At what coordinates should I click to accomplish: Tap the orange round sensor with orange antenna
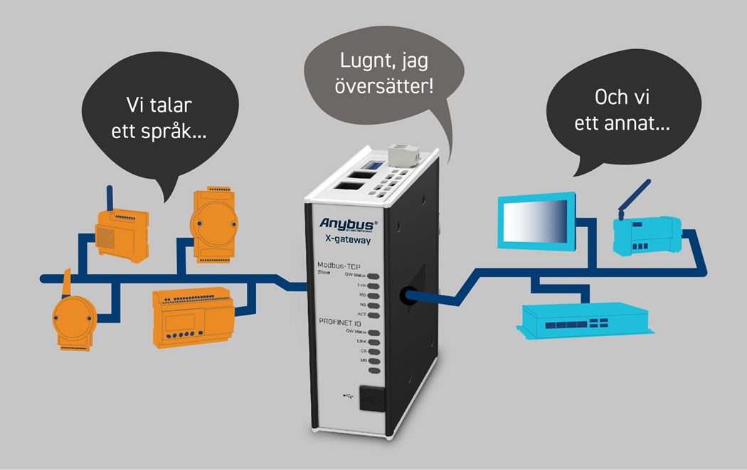click(73, 318)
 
